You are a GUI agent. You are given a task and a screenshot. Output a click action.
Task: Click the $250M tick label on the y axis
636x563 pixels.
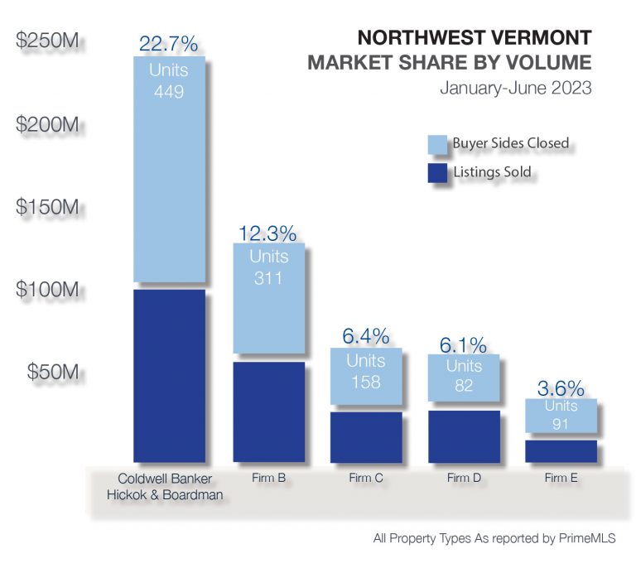point(48,42)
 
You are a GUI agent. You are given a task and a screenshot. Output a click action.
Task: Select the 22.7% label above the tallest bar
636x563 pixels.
point(170,43)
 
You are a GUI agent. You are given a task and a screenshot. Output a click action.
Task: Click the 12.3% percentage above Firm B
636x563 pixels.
point(268,233)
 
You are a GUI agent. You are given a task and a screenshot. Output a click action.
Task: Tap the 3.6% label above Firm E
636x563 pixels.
point(560,388)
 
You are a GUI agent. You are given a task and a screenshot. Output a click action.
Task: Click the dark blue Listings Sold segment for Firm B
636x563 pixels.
point(268,411)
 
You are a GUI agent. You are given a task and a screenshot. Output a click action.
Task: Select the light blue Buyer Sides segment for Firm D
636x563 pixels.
point(464,378)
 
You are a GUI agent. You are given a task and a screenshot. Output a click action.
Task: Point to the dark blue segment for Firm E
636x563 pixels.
point(561,450)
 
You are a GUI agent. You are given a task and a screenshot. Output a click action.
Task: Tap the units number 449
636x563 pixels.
point(169,90)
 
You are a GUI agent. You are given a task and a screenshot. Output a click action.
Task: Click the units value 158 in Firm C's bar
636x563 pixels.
point(365,382)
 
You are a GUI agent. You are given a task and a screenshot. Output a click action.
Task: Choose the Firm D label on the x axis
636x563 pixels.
point(463,479)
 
